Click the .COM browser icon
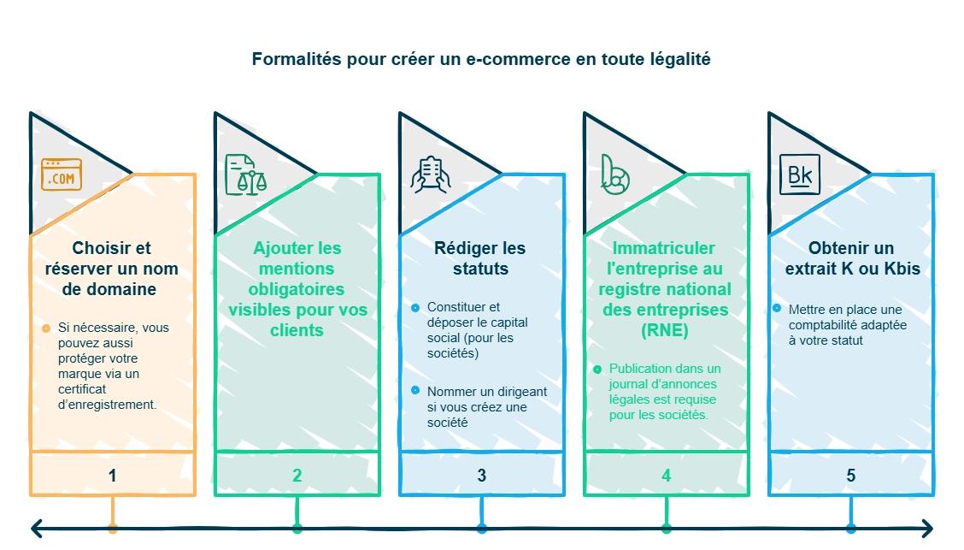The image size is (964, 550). (x=62, y=174)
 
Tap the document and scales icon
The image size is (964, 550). (x=245, y=174)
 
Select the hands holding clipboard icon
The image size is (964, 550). (x=430, y=174)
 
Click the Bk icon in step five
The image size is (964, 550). (x=799, y=174)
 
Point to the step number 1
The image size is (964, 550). (x=113, y=476)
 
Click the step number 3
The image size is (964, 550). (x=482, y=476)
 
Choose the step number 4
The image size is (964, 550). (x=667, y=476)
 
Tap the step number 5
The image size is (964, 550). (x=851, y=476)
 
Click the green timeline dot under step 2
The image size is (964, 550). (x=297, y=529)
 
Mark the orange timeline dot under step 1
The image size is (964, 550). (x=113, y=529)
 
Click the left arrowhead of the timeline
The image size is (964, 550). (x=37, y=529)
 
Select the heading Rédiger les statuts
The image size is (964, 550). (x=480, y=258)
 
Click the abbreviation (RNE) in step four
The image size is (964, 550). (x=666, y=330)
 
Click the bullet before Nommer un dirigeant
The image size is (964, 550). (x=415, y=391)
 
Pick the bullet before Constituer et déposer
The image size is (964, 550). (x=415, y=307)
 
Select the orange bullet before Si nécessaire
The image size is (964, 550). (x=46, y=328)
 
